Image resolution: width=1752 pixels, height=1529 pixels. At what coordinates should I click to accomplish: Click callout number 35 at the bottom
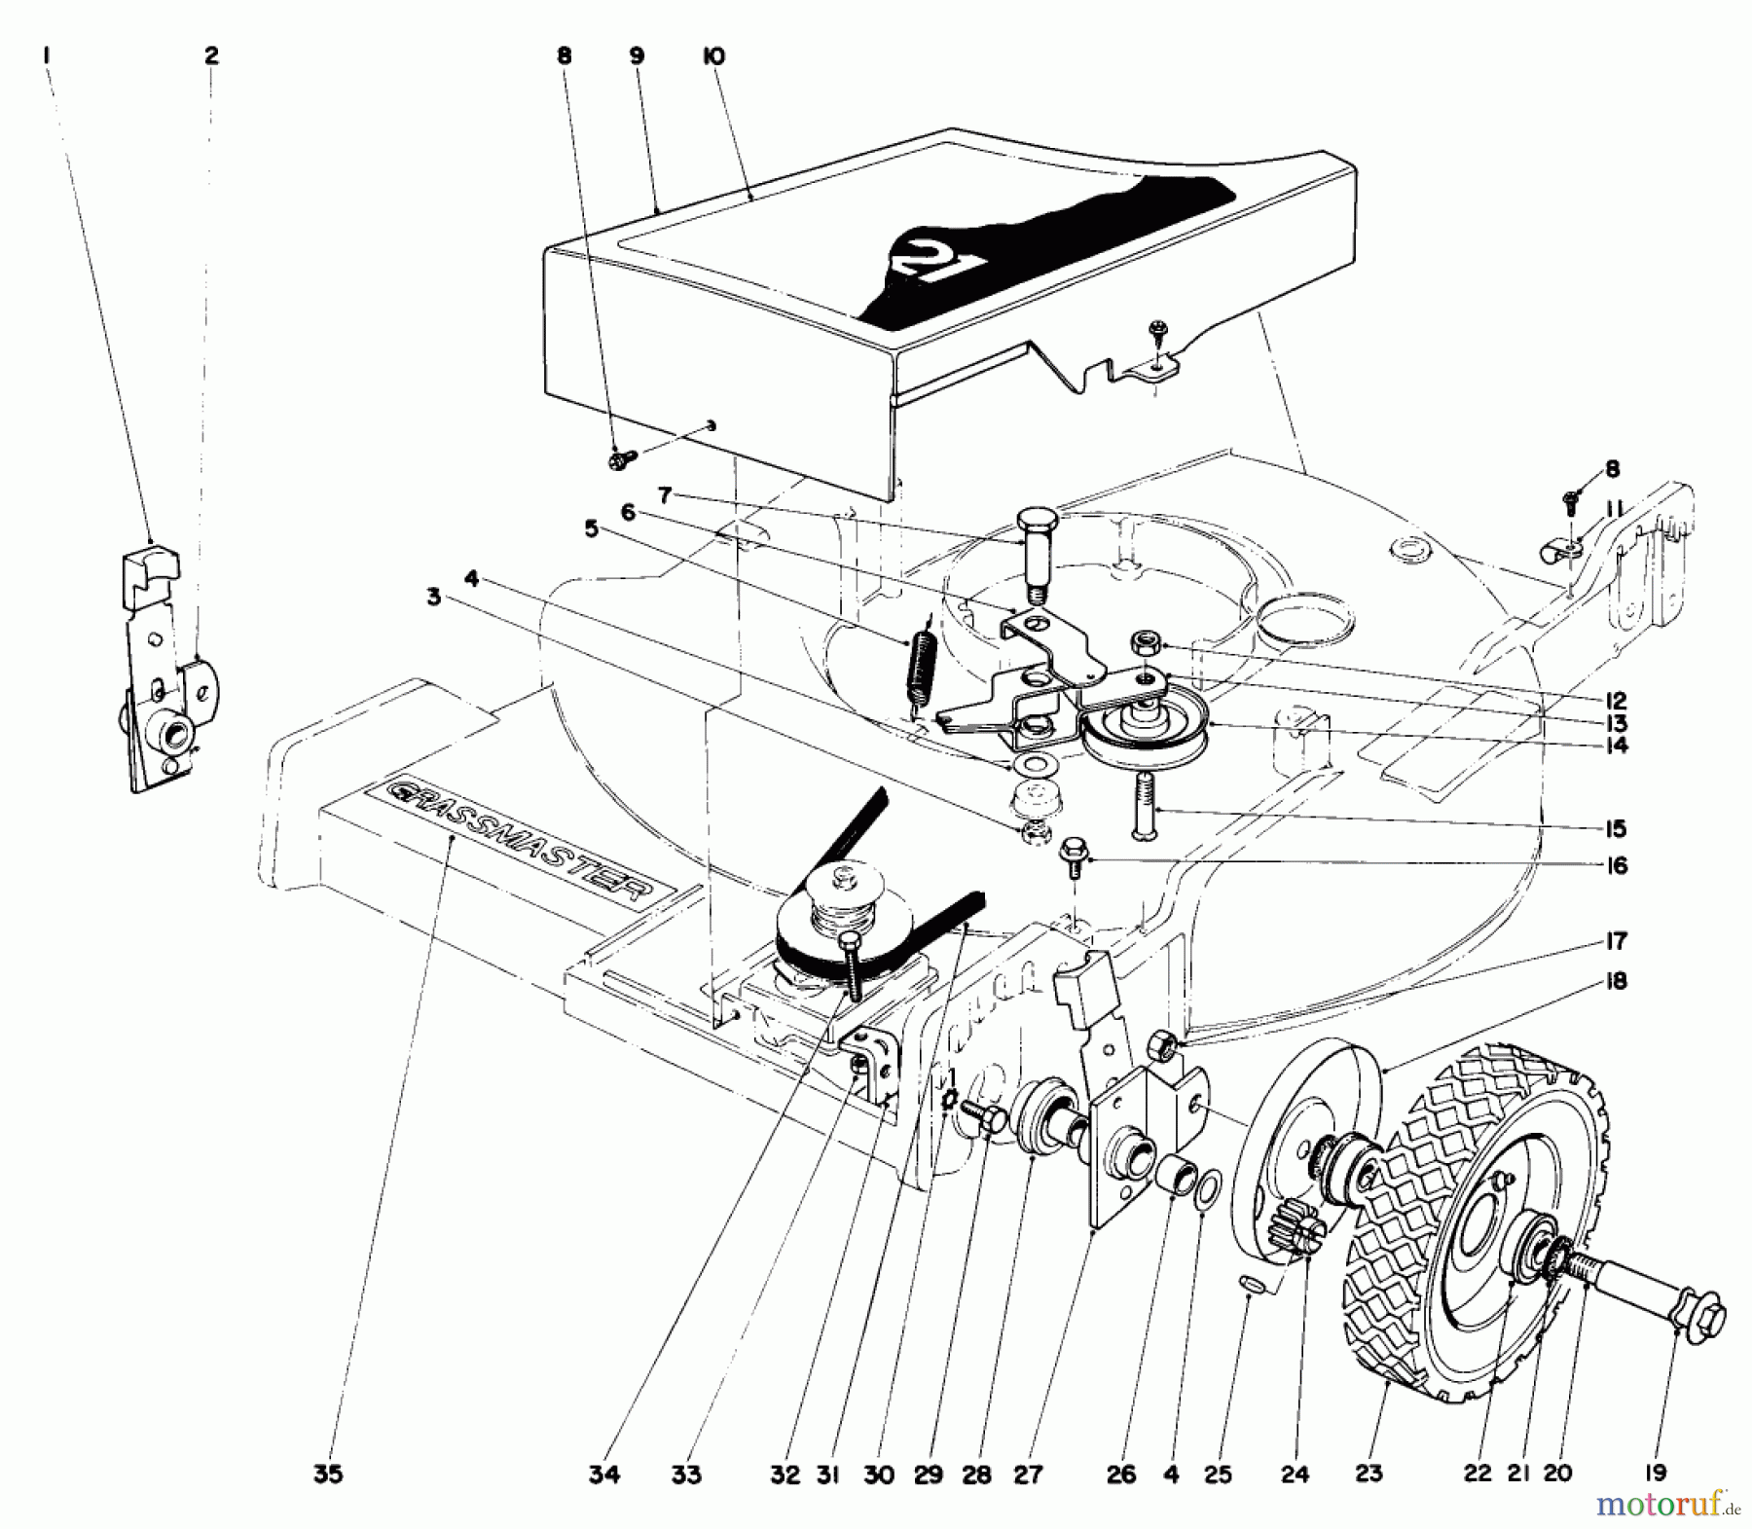coord(328,1475)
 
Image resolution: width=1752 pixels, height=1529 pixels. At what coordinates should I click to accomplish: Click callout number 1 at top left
coord(46,56)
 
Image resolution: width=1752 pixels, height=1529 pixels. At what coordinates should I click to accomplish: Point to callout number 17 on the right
coord(1617,941)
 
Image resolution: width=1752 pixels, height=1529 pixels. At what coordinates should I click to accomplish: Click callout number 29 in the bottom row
coord(929,1475)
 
